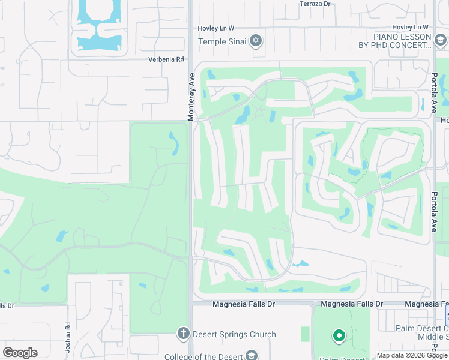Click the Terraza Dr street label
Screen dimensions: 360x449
315,4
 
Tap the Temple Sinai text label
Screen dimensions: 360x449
223,41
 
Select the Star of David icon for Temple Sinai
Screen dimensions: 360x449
256,41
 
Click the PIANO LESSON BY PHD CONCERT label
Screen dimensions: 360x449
394,41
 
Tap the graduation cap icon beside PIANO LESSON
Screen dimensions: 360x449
441,40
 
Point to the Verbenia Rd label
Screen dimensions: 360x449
166,59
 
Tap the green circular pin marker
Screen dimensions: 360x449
339,336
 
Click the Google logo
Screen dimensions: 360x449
20,353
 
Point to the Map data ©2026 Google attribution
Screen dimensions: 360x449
412,356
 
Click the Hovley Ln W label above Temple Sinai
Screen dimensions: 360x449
216,28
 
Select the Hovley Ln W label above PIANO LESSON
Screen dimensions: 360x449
410,28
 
